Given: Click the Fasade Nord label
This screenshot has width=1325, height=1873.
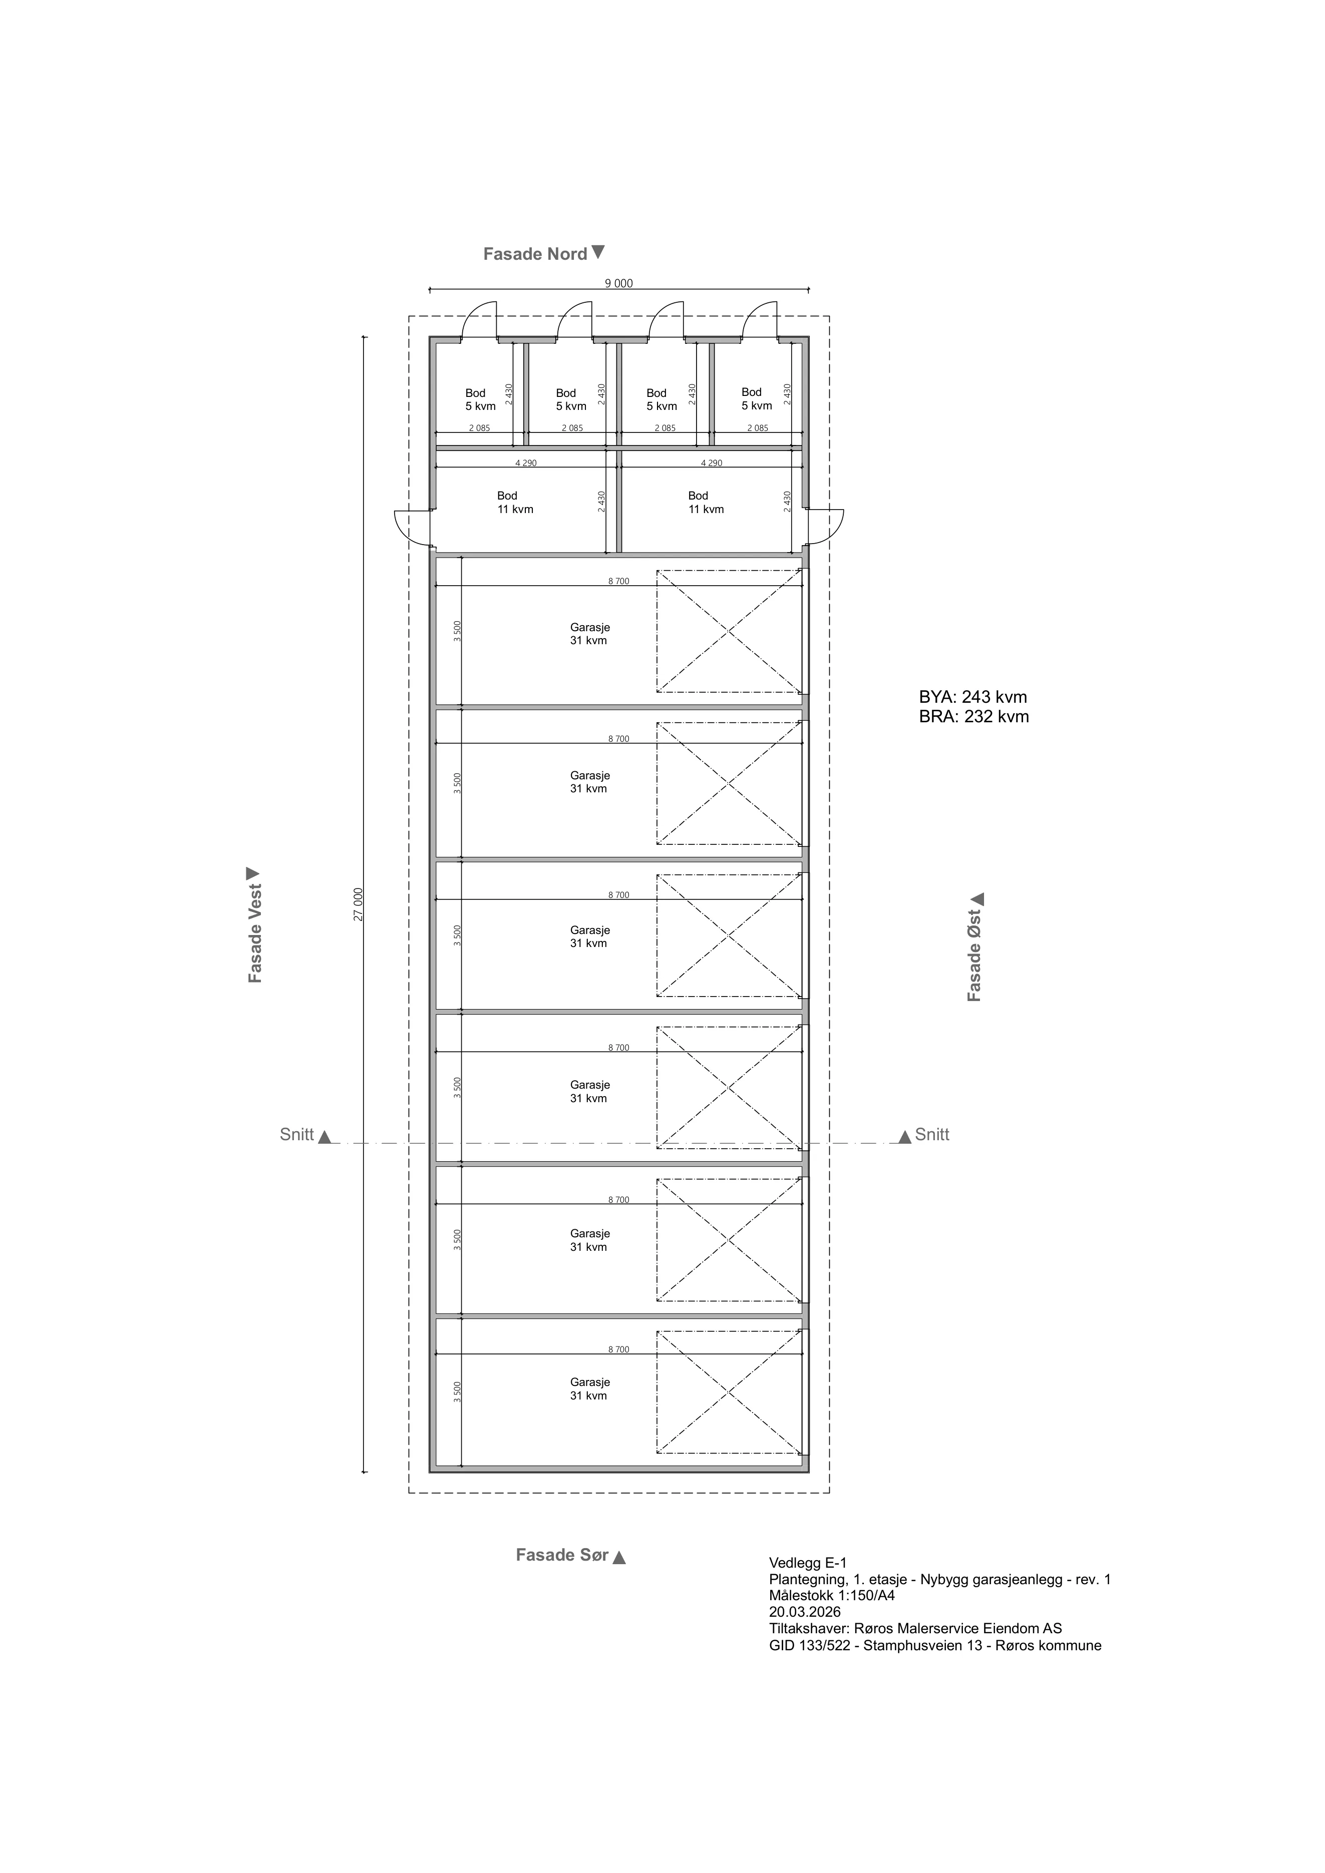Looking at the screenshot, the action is (543, 254).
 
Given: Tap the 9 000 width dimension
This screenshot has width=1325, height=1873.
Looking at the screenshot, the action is (618, 284).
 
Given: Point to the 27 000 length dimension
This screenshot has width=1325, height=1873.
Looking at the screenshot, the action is (358, 904).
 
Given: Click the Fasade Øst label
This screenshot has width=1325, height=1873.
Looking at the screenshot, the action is (975, 947).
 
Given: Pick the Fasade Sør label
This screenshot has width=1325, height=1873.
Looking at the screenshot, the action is (570, 1555).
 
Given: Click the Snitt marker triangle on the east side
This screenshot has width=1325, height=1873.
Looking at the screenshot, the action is (905, 1136).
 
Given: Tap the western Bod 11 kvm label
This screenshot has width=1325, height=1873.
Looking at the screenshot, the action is (515, 503).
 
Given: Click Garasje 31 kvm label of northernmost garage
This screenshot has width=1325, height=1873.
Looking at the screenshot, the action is (589, 634).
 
